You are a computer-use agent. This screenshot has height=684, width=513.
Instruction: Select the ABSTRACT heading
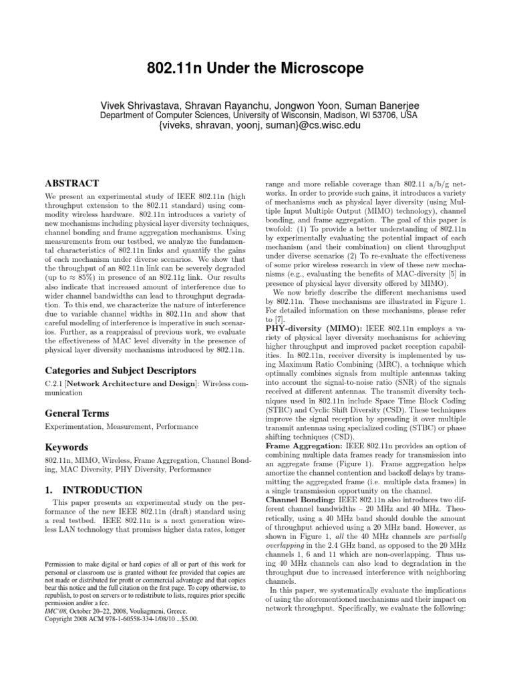(71, 183)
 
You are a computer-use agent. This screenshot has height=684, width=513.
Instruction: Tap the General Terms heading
(76, 413)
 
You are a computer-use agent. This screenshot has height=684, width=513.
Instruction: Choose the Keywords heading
(67, 447)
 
